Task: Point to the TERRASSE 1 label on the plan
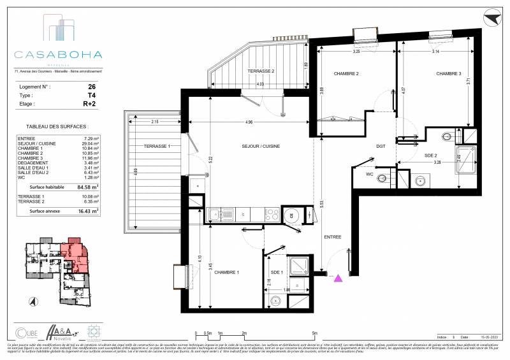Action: [156, 147]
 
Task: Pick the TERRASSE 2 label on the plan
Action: [263, 71]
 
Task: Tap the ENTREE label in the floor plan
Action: [333, 237]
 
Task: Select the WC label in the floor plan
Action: [370, 173]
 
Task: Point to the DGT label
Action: [381, 147]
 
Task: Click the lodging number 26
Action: [92, 86]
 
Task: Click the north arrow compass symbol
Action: [491, 17]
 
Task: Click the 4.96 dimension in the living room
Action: [248, 122]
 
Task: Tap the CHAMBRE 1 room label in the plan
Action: [226, 273]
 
